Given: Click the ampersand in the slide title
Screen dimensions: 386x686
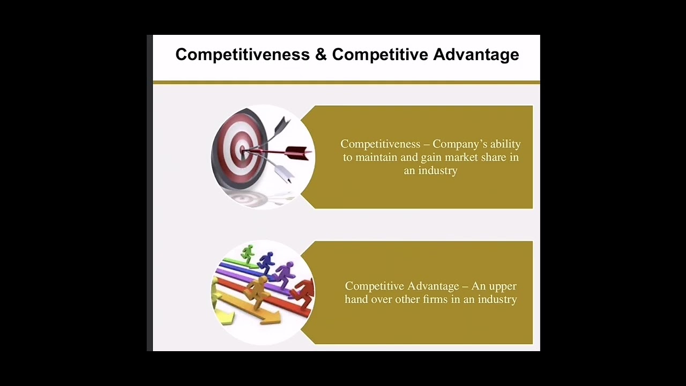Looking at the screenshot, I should point(320,55).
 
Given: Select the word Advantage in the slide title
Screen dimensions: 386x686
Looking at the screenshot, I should point(476,55).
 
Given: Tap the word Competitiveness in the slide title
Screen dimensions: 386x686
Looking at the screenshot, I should point(242,55).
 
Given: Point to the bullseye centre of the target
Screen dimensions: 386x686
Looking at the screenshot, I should point(242,150).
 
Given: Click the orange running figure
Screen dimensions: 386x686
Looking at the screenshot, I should point(257,291).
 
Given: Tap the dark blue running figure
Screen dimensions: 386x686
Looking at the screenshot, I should point(266,262).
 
